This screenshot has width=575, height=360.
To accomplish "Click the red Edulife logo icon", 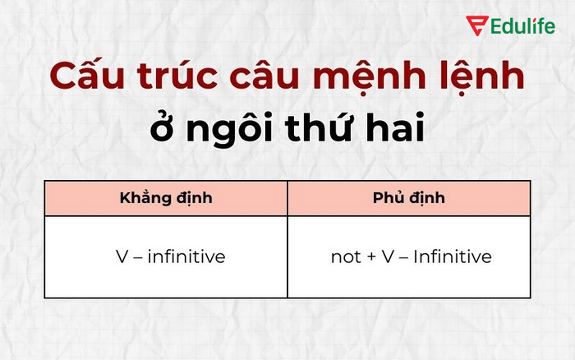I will pyautogui.click(x=476, y=25).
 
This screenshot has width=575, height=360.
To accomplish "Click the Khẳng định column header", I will pyautogui.click(x=166, y=199).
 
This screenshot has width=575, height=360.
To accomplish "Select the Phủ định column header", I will pyautogui.click(x=408, y=199).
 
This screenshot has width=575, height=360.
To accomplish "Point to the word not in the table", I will pyautogui.click(x=345, y=257).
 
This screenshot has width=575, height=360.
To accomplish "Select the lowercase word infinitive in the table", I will pyautogui.click(x=186, y=256).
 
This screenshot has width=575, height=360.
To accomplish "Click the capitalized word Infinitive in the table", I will pyautogui.click(x=452, y=256).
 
